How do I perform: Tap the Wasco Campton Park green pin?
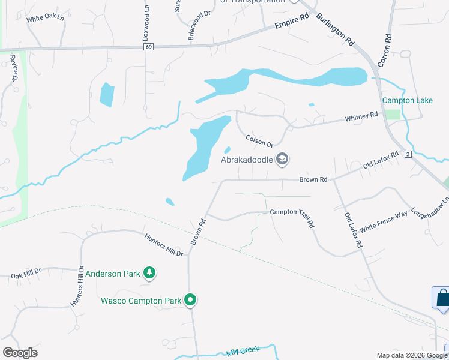pos(191,299)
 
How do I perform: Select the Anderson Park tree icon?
pos(149,274)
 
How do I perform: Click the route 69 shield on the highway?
pos(149,47)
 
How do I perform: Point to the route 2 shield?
pos(408,155)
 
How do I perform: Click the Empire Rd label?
pos(291,22)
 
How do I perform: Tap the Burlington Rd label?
pos(336,29)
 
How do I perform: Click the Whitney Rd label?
pos(361,116)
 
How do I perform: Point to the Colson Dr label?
pos(259,141)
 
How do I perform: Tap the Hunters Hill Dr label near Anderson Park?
pos(163,245)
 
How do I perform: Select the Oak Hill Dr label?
pos(25,274)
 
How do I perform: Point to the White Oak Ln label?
pos(45,18)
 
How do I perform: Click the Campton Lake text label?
pos(408,100)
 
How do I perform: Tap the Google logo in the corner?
pos(20,353)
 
